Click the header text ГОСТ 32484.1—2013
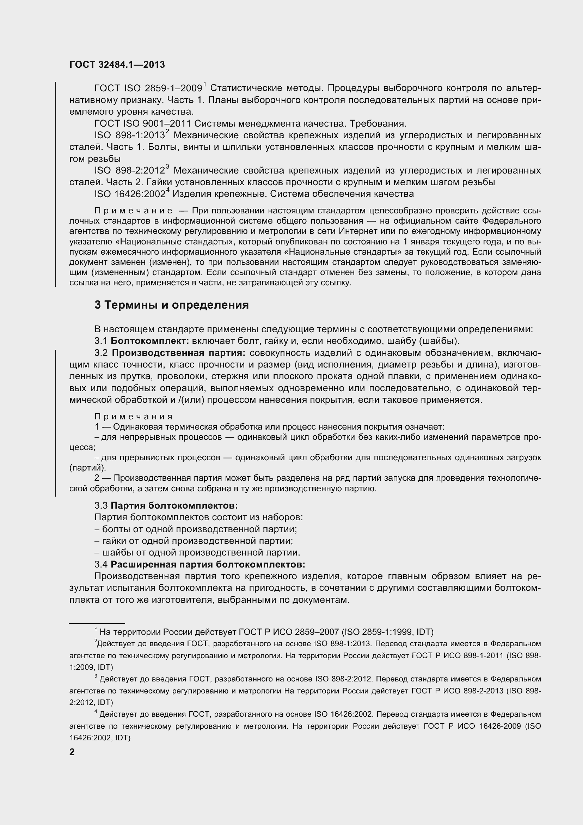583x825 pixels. [x=117, y=65]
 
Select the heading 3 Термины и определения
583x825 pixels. [x=172, y=305]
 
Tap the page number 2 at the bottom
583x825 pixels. [x=72, y=752]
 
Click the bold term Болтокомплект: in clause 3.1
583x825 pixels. [x=150, y=341]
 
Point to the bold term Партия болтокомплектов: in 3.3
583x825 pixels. [x=174, y=505]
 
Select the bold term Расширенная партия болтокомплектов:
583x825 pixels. [x=208, y=564]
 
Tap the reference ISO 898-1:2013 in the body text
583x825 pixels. [x=130, y=135]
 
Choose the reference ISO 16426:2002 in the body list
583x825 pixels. [x=130, y=194]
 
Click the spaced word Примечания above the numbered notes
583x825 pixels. [x=134, y=417]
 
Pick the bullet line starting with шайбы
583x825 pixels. [x=197, y=553]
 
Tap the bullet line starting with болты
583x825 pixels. [x=196, y=529]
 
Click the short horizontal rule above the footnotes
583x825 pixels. [x=97, y=623]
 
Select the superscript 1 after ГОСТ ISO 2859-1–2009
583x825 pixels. [x=204, y=85]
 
